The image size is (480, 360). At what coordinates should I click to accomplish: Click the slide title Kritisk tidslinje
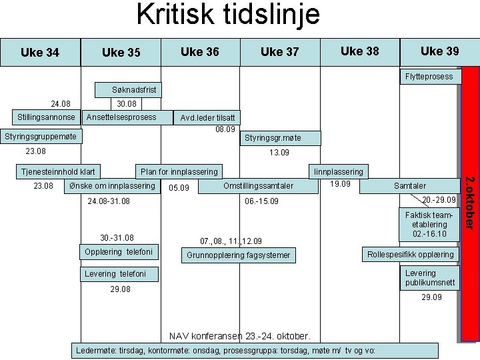(228, 15)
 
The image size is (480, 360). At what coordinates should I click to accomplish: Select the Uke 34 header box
(40, 52)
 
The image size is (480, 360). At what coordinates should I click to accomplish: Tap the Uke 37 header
(279, 52)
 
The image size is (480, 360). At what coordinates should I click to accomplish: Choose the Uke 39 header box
(439, 51)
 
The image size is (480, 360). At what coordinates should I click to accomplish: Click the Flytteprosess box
(429, 76)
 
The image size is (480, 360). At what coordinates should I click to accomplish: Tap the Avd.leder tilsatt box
(207, 118)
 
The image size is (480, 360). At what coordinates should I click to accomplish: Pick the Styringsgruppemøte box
(40, 137)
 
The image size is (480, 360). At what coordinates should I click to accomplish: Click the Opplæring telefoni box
(119, 252)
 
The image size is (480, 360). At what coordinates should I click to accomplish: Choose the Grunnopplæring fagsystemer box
(238, 255)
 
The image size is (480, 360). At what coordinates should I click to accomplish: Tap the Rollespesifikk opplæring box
(411, 254)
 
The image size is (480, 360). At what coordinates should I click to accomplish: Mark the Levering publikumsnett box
(431, 278)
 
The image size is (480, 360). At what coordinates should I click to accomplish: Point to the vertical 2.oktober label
(469, 203)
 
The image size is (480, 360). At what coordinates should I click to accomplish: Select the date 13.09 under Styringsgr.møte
(279, 153)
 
